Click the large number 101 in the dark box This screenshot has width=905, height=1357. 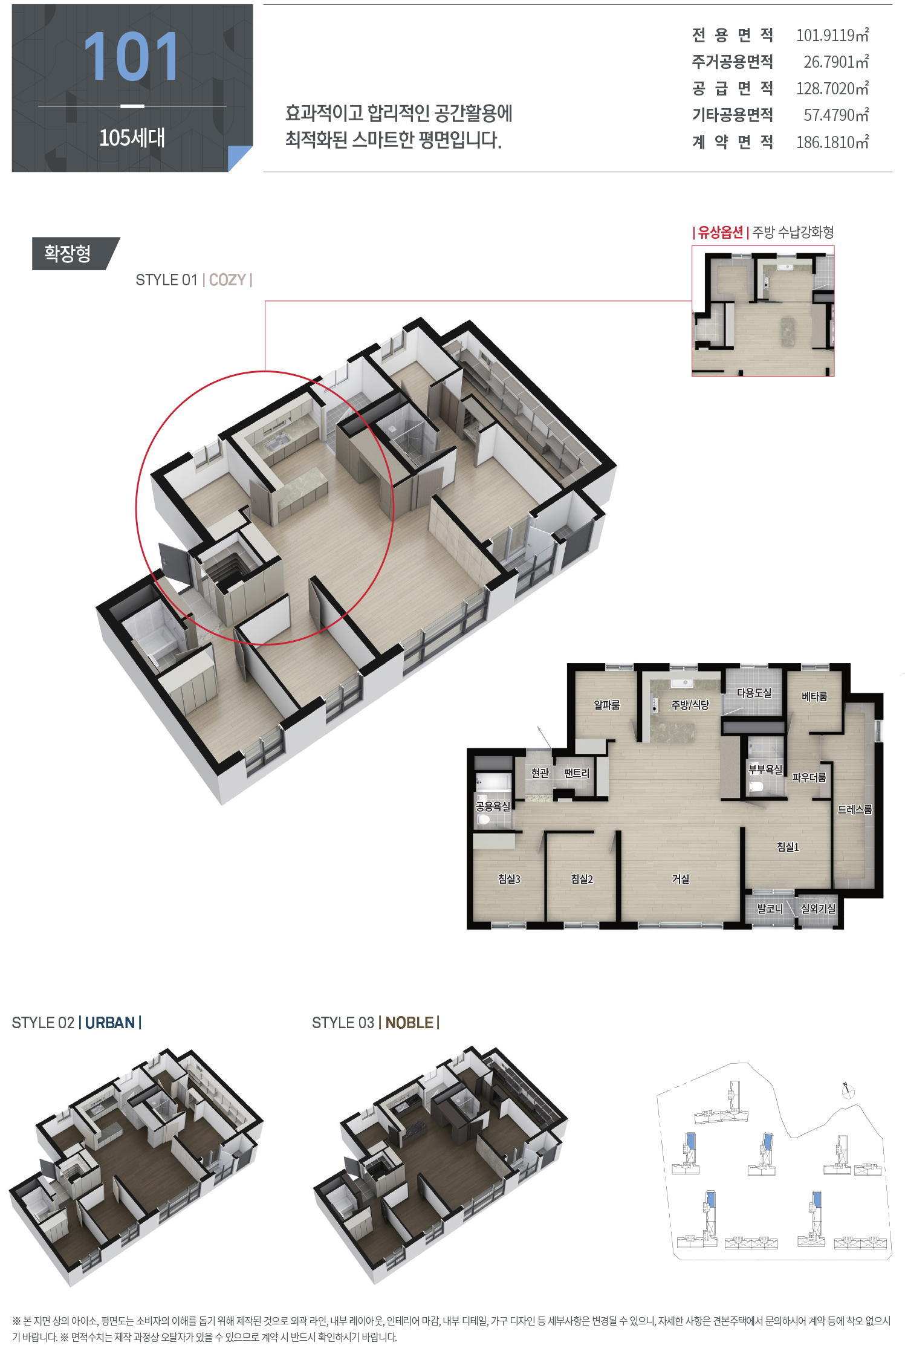[131, 57]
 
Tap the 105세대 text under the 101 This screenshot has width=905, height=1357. [132, 138]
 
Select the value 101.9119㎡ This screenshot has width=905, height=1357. [832, 35]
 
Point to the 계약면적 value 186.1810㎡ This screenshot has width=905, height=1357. [832, 142]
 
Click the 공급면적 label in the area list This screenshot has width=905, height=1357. [733, 89]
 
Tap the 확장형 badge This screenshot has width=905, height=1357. [68, 253]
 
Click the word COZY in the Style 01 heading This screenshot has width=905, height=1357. [227, 280]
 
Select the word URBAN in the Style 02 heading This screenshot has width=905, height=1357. [110, 1023]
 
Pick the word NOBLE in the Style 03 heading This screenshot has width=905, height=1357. [409, 1023]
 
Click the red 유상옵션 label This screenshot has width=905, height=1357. [721, 233]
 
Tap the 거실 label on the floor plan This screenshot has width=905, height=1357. [681, 879]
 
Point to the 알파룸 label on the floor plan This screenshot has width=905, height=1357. [607, 705]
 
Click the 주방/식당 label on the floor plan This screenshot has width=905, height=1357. [690, 705]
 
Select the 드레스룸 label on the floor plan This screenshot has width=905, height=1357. [855, 809]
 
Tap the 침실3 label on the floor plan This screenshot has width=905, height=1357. [509, 879]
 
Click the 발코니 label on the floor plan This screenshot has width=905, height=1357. [770, 908]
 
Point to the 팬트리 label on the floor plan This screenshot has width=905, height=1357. [577, 773]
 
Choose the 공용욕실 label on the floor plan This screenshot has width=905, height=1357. [493, 806]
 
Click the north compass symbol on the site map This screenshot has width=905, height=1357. [848, 1090]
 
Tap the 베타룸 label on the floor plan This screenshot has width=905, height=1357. [814, 696]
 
